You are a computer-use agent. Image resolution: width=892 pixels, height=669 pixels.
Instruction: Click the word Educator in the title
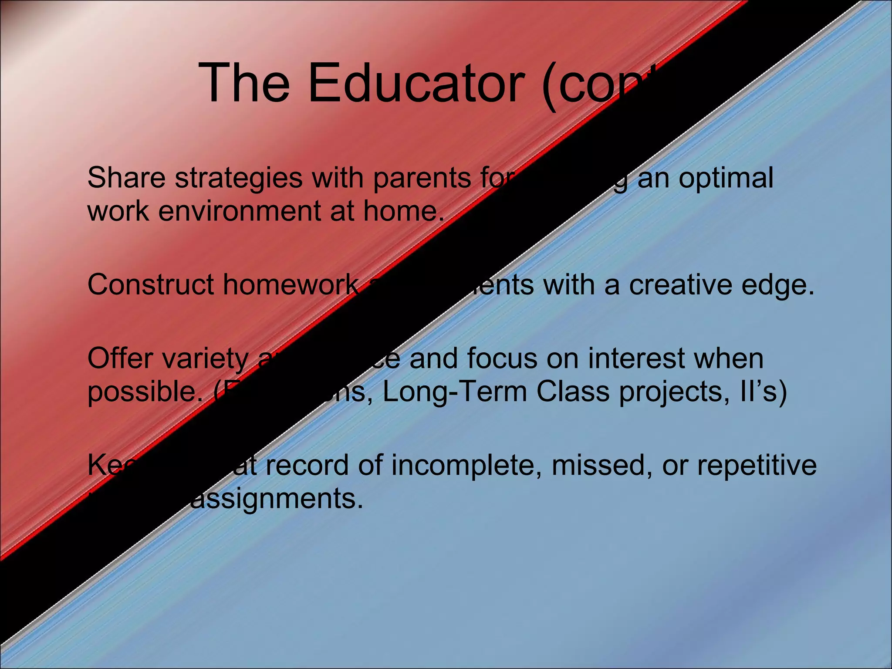(420, 83)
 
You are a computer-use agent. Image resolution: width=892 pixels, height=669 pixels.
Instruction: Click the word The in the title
(244, 83)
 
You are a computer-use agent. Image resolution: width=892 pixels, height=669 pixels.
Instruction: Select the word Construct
(151, 285)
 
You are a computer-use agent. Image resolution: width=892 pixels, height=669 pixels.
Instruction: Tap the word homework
(290, 285)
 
